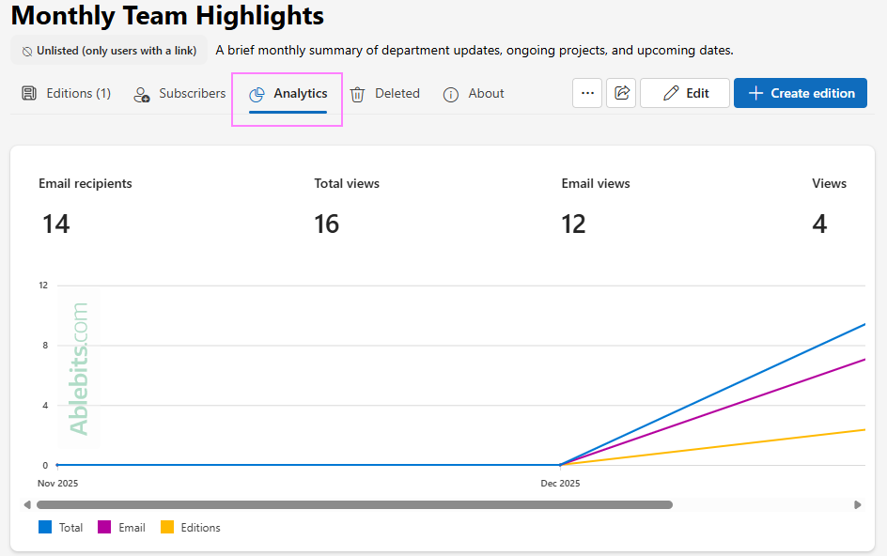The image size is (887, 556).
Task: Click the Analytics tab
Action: tap(288, 94)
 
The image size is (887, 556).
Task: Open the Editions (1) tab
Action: tap(67, 94)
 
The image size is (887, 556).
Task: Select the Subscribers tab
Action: tap(180, 94)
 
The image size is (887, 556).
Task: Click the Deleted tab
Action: tap(385, 94)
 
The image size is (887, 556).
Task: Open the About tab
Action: tap(475, 94)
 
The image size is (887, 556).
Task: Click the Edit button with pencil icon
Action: tap(685, 93)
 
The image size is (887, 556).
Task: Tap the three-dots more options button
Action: tap(587, 93)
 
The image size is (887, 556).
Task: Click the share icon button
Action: tap(621, 93)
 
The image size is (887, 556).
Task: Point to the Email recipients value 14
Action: tap(56, 224)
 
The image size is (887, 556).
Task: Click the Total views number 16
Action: tap(327, 224)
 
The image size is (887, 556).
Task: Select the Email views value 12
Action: tap(573, 224)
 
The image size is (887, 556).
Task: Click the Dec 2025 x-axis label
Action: tap(560, 484)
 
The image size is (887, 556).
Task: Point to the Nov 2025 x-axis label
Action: tap(57, 484)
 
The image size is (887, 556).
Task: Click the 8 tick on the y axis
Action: tap(43, 346)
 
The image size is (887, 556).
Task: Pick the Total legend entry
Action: tap(61, 528)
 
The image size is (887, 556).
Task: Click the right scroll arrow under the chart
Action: tap(858, 504)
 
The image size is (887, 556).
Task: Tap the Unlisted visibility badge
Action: tap(109, 51)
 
